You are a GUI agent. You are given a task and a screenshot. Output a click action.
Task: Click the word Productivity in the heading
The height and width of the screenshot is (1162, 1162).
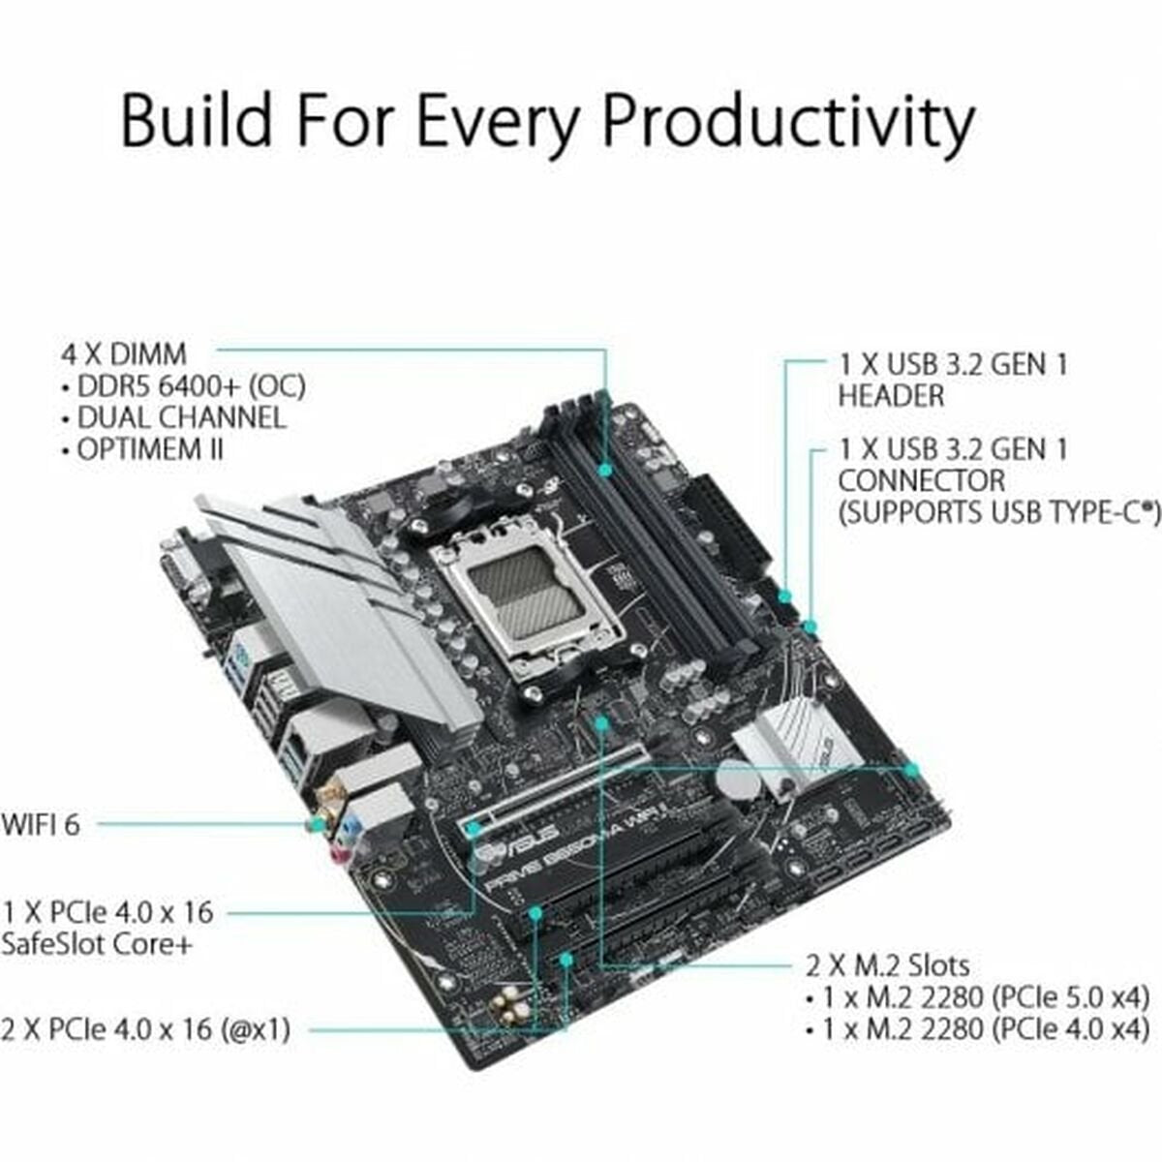[x=787, y=121]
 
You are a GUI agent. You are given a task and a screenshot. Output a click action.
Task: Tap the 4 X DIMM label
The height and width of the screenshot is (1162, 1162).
[x=124, y=354]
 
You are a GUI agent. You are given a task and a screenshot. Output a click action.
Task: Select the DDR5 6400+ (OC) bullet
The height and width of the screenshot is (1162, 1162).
[x=184, y=386]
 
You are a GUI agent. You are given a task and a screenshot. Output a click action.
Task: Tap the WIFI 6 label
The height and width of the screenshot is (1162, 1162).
[x=41, y=825]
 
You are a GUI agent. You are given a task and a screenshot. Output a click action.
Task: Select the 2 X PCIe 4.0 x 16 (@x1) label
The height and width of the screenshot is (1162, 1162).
[x=146, y=1028]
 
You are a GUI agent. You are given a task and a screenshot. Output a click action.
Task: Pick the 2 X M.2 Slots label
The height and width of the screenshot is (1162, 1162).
[x=887, y=965]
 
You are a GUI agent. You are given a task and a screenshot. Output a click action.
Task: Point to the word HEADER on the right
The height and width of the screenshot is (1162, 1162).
[x=891, y=396]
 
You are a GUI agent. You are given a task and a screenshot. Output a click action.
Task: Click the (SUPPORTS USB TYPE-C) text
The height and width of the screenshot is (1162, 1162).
[x=997, y=512]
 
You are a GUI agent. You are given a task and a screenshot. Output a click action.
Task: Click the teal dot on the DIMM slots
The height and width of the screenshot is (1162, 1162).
[x=605, y=470]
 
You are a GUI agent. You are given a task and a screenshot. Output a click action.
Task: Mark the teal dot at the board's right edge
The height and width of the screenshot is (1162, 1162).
[x=911, y=769]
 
